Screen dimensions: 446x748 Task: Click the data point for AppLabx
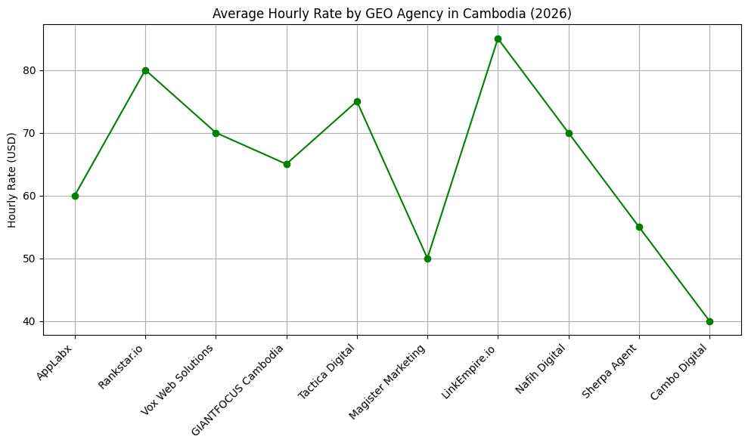(x=75, y=196)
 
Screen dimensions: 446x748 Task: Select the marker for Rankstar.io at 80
(x=145, y=70)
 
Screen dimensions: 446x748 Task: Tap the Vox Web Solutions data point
(x=216, y=133)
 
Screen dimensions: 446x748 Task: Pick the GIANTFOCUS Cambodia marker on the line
(x=287, y=164)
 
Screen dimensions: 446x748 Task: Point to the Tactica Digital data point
(x=357, y=101)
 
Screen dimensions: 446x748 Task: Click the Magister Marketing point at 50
(x=427, y=259)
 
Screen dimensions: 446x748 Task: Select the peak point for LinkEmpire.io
(x=498, y=39)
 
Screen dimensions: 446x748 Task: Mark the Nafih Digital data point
(x=569, y=133)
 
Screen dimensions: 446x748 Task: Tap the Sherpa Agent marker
(x=639, y=227)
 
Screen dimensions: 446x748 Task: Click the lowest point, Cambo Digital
(x=709, y=321)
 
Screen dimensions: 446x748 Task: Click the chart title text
(x=392, y=13)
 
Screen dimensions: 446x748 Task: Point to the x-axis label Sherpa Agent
(x=610, y=371)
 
